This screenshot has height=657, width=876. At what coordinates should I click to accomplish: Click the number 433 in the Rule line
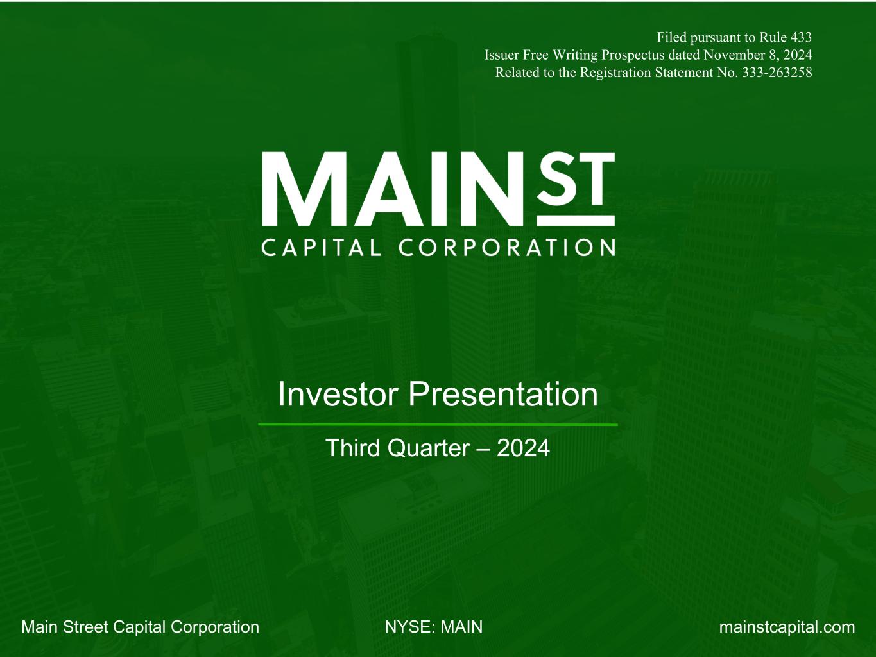pos(800,37)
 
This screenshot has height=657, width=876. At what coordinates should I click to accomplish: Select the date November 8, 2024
pos(757,55)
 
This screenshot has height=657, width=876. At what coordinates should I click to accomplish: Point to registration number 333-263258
pos(777,73)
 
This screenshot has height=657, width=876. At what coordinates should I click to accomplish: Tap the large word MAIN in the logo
pos(392,189)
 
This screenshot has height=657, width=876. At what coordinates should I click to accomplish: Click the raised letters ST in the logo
pos(576,178)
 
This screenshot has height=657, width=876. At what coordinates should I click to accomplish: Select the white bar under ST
pos(576,221)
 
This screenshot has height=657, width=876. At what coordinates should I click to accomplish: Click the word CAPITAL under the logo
pos(322,248)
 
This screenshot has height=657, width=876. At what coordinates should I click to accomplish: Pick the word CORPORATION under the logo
pos(507,248)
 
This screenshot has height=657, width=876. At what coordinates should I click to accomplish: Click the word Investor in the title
pos(338,395)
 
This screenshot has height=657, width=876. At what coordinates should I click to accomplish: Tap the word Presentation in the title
pos(503,395)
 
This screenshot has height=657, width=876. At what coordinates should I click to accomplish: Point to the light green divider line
pos(438,425)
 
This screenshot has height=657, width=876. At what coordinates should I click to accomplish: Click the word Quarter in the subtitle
pos(428,448)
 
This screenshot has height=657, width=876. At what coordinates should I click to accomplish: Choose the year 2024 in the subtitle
pos(523,448)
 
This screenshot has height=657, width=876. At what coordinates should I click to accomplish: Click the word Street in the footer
pos(85,627)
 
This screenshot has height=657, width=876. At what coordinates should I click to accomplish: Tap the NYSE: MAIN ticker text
pos(434,627)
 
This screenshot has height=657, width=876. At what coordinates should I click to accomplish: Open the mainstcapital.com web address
pos(787,627)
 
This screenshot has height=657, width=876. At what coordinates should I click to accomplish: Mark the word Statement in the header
pos(697,73)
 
